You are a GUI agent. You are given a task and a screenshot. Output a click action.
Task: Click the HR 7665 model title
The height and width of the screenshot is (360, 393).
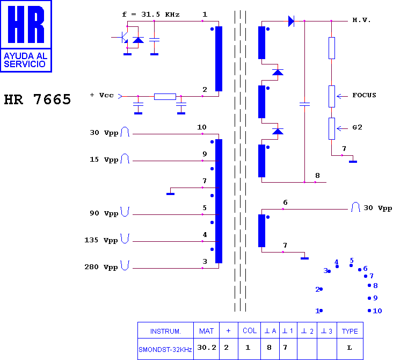[x=38, y=99]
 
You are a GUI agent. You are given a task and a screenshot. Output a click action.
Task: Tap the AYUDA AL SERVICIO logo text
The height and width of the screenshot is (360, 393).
[x=26, y=60]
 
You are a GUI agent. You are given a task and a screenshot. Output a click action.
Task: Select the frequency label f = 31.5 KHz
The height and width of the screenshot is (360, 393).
[x=151, y=15]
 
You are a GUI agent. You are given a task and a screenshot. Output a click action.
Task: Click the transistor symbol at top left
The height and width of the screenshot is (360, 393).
[x=123, y=37]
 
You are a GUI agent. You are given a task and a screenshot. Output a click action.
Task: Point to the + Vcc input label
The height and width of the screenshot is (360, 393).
[x=102, y=95]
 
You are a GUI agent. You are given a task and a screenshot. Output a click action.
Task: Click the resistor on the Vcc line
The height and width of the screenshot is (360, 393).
[x=165, y=97]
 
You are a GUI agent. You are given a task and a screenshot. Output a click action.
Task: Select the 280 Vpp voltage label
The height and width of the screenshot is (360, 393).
[x=101, y=267]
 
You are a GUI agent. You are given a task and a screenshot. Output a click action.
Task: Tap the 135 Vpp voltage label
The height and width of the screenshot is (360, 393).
[x=101, y=240]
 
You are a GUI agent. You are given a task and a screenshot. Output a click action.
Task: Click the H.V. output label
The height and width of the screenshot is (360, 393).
[x=361, y=20]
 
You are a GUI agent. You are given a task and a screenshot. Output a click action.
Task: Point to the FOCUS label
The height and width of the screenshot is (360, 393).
[x=364, y=95]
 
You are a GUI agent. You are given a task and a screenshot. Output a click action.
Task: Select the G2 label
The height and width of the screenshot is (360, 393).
[x=357, y=127]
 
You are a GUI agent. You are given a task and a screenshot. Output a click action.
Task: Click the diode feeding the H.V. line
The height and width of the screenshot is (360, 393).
[x=291, y=21]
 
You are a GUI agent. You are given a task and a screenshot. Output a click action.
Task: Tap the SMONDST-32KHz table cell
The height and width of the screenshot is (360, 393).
[x=165, y=349]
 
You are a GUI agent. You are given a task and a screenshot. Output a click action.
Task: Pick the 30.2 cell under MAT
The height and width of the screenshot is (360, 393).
[x=207, y=348]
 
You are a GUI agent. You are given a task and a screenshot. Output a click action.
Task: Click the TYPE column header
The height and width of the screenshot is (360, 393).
[x=350, y=331]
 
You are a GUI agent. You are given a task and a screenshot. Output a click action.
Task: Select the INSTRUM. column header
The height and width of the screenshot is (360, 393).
[x=165, y=332]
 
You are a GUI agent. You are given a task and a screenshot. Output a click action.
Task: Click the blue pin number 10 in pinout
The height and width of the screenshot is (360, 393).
[x=377, y=311]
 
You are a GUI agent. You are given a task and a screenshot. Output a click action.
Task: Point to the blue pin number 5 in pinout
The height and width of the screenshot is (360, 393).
[x=352, y=261]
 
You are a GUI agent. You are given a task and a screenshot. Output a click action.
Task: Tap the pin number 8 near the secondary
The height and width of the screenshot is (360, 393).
[x=317, y=176]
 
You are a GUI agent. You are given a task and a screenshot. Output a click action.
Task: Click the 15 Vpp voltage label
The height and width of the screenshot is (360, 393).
[x=104, y=160]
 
